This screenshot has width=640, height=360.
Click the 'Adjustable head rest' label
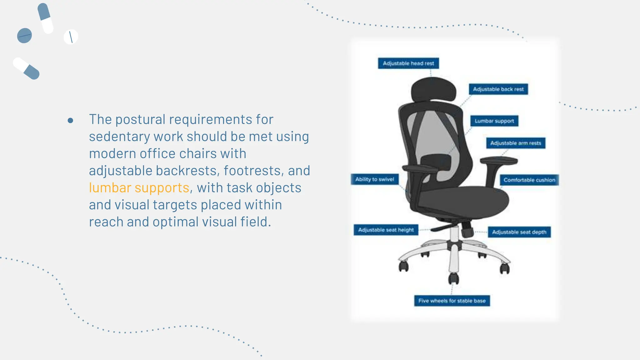(408, 63)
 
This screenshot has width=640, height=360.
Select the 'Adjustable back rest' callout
(498, 89)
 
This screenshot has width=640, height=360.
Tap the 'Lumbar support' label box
(494, 121)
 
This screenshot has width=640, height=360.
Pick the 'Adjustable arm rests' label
(515, 143)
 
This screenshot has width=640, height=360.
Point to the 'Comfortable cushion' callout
(529, 180)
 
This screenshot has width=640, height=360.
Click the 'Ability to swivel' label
(374, 179)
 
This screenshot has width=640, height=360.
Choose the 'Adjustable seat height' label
(386, 230)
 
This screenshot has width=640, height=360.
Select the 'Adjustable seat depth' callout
(519, 232)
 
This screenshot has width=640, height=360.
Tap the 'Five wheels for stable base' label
(452, 301)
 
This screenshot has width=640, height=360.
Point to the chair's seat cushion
(462, 200)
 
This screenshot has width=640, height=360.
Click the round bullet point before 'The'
(70, 120)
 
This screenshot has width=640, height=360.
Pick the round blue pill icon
(24, 36)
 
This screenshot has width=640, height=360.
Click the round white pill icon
(71, 37)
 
